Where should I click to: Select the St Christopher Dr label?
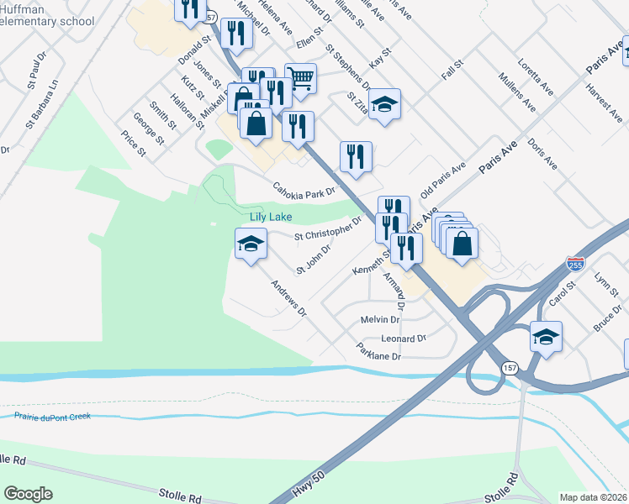pyautogui.click(x=327, y=229)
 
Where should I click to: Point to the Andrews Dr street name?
pyautogui.click(x=289, y=299)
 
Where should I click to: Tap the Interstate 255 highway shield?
pyautogui.click(x=575, y=263)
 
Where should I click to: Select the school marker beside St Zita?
pyautogui.click(x=384, y=104)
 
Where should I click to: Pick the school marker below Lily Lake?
pyautogui.click(x=249, y=244)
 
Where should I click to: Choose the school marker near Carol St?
pyautogui.click(x=546, y=337)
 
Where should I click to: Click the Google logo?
pyautogui.click(x=28, y=493)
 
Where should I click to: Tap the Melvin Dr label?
pyautogui.click(x=379, y=320)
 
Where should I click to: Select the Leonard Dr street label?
pyautogui.click(x=404, y=339)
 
